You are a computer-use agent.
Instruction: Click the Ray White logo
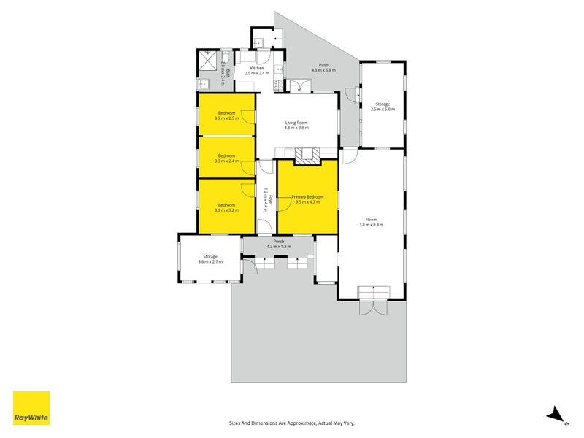coord(31,408)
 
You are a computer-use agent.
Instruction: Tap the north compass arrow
coord(557,414)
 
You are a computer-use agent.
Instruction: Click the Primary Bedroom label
coord(307,197)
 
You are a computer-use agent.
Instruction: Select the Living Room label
coord(296,123)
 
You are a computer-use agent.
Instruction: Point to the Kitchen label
coord(257,69)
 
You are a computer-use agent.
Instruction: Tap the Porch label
coord(278,242)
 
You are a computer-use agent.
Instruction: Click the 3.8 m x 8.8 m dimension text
coord(371,225)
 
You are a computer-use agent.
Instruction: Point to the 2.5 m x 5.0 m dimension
coord(383,110)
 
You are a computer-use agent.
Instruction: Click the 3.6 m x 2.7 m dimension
coord(211,262)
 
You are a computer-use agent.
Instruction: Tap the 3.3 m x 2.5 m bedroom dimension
coord(226,118)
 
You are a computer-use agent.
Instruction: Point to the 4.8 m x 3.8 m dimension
coord(296,128)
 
